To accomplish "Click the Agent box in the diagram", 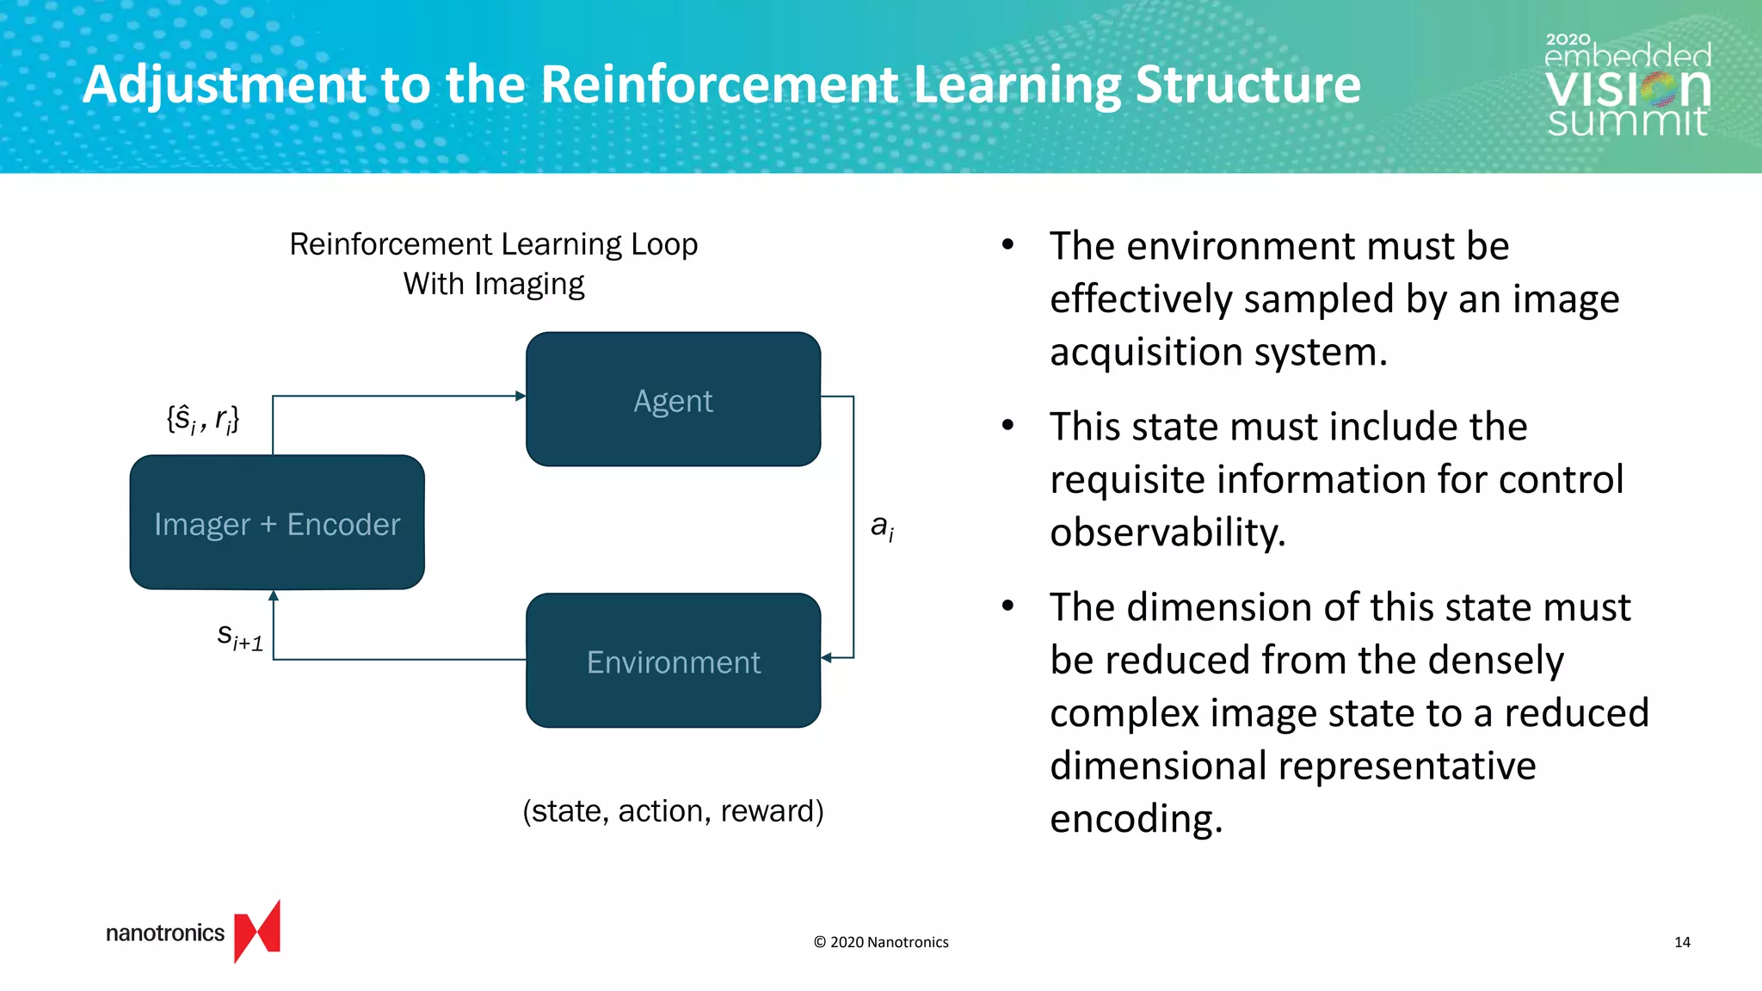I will point(673,400).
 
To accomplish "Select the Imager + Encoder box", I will point(277,523).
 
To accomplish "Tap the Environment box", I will point(673,661).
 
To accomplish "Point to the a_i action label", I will point(882,526).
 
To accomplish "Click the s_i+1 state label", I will point(240,637).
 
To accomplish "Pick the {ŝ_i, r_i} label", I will point(203,419).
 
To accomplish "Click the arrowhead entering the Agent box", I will point(520,396).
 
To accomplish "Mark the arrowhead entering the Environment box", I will point(827,658).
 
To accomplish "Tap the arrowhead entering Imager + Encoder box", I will point(274,595).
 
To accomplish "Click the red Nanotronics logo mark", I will point(257,932).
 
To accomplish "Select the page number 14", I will point(1682,942).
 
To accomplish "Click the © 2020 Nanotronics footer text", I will point(881,942).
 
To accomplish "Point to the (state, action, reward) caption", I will point(673,810).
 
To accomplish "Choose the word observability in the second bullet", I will point(1167,532).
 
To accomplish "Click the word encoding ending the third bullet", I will point(1136,818).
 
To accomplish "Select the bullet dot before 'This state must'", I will point(1008,425).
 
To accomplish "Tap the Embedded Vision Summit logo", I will point(1627,86).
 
